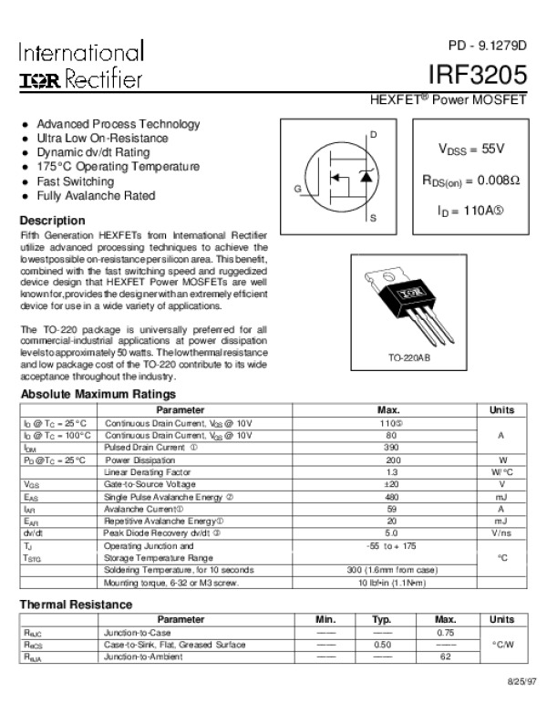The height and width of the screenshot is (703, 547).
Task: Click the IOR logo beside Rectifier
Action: (x=39, y=80)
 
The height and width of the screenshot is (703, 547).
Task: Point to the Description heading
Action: (x=52, y=221)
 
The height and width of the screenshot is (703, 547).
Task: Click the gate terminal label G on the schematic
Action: (x=296, y=188)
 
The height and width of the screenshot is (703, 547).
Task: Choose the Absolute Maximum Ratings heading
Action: (x=98, y=394)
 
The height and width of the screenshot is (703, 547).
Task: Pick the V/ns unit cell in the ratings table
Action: (x=501, y=532)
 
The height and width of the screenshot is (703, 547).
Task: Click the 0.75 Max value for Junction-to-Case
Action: (x=446, y=632)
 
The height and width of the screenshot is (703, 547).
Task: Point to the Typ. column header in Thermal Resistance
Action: (x=382, y=619)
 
